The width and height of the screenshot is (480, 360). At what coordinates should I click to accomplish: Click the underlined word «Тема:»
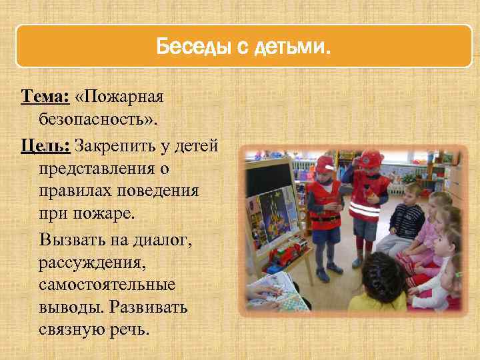tap(44, 97)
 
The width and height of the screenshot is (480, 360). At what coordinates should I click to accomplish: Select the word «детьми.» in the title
tap(295, 47)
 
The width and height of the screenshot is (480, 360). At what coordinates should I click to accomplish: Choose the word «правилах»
tap(73, 191)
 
